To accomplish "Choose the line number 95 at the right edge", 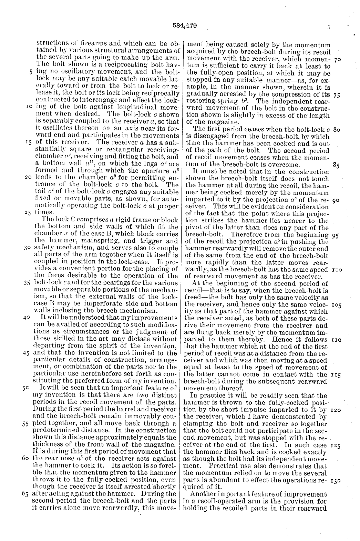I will [x=337, y=235].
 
